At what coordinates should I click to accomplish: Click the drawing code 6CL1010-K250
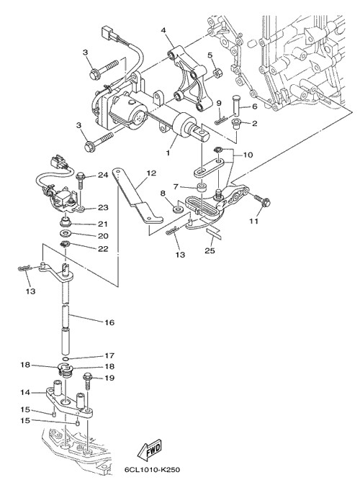(x=153, y=470)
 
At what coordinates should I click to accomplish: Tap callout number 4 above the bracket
(x=163, y=30)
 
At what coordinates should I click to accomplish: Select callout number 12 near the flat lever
(x=151, y=173)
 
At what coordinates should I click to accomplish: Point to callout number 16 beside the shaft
(x=109, y=322)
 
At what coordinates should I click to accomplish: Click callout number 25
(x=210, y=250)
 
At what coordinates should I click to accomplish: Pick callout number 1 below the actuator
(x=168, y=153)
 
